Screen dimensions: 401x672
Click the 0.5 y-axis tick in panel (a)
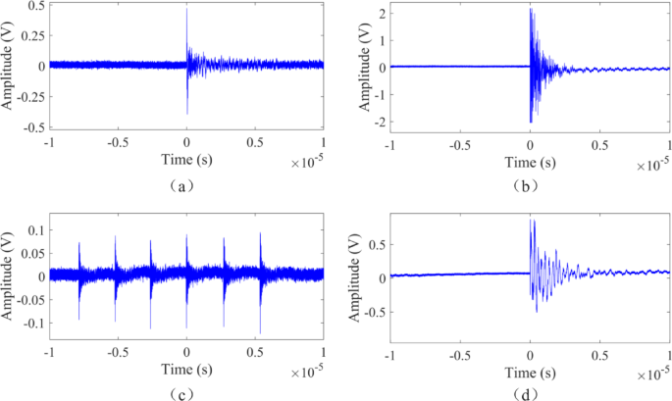34,6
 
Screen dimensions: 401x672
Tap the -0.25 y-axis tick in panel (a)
28,97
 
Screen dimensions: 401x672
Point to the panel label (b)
530,182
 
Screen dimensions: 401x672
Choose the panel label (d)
530,392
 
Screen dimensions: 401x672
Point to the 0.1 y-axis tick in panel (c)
34,229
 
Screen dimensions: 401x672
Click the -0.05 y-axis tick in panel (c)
28,299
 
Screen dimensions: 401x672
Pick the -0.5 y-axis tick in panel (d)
374,313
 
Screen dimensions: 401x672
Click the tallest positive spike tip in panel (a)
186,10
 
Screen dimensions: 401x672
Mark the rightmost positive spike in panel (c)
260,233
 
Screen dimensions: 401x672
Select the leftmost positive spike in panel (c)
79,243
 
